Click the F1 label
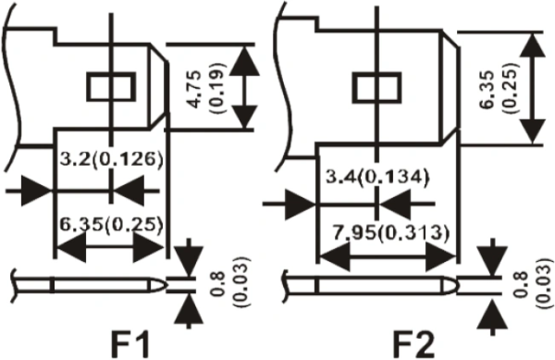tap(130, 344)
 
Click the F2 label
tap(413, 344)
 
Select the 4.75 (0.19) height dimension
tap(206, 87)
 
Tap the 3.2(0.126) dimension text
tap(111, 158)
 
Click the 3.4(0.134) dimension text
tap(377, 177)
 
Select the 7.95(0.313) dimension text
tap(391, 233)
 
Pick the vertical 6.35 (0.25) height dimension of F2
tap(500, 88)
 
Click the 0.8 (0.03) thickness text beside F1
tap(230, 281)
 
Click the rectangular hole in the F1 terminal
tap(112, 87)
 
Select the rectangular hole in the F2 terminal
tap(377, 87)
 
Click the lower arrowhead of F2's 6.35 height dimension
tap(533, 131)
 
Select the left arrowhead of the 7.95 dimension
tap(335, 257)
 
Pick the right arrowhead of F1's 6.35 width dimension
tap(148, 248)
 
